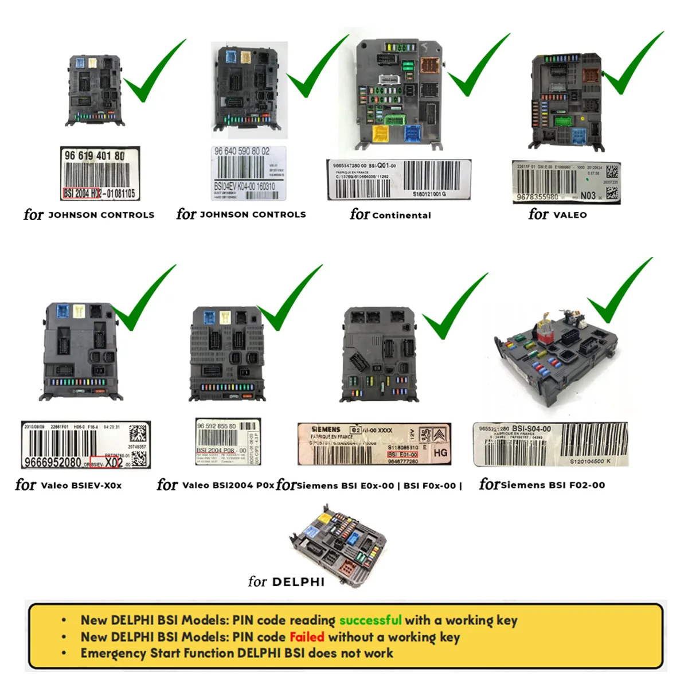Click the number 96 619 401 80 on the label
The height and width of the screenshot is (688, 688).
tap(95, 155)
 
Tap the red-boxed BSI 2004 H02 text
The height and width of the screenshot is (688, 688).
tap(82, 194)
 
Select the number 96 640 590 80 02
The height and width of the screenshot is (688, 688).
tap(241, 151)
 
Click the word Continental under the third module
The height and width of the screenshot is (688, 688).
tap(401, 215)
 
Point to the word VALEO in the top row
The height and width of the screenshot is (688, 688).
tap(569, 215)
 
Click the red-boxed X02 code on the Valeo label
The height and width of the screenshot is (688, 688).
tap(113, 462)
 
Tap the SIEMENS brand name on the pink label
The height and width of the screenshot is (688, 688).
tap(326, 429)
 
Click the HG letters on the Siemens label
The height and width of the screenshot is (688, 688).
tap(440, 452)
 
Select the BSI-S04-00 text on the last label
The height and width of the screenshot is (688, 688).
tap(531, 428)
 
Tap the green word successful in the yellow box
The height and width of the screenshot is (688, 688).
tap(370, 620)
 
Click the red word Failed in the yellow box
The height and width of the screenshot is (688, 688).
tap(307, 636)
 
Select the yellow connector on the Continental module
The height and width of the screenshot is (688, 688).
tap(380, 133)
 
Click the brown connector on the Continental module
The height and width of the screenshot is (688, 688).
tap(429, 67)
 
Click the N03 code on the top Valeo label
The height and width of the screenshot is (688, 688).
tap(588, 196)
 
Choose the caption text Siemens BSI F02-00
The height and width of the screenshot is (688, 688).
tap(553, 485)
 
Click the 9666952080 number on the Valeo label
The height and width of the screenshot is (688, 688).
tap(53, 462)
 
